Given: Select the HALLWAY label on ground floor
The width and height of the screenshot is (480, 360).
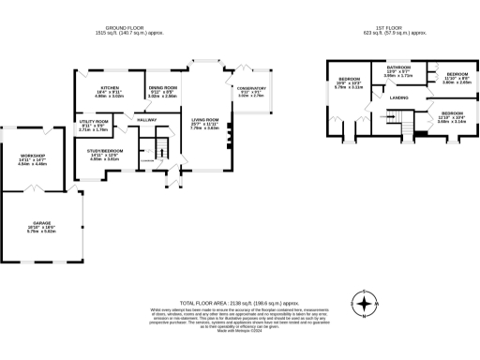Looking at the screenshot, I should tap(147, 119).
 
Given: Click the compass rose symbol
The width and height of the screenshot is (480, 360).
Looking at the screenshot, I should tap(364, 303).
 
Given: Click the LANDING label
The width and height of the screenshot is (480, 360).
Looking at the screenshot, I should tap(397, 97).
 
